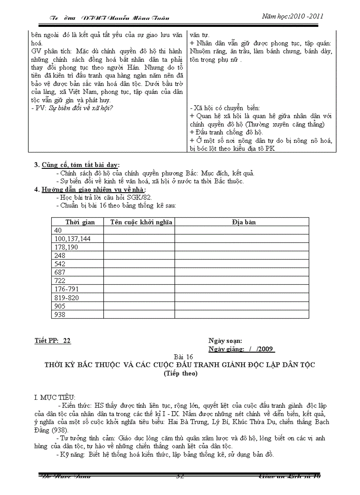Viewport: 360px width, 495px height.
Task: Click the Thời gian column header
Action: point(77,222)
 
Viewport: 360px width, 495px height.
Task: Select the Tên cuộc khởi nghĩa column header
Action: point(139,222)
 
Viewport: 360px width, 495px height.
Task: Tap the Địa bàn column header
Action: point(241,222)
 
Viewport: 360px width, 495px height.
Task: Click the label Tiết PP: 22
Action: point(53,341)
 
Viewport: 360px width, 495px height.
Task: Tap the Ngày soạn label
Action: point(225,341)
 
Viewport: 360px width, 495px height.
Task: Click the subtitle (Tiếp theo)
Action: point(180,373)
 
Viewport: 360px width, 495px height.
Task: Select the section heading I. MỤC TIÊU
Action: point(55,397)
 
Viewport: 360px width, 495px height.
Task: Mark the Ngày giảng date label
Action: point(241,349)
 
